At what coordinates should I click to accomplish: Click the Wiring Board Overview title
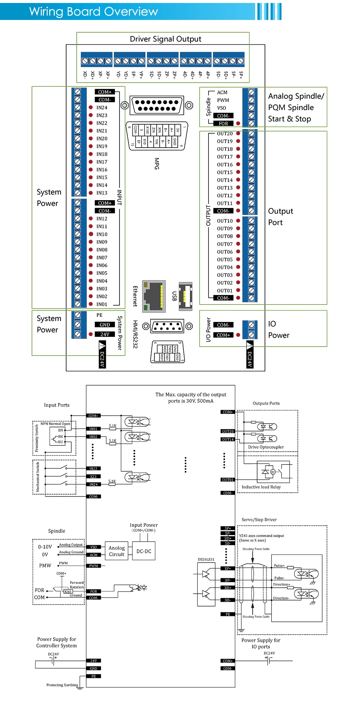click(94, 12)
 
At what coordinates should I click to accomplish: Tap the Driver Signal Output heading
click(165, 39)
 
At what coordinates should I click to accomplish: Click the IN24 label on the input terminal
click(101, 108)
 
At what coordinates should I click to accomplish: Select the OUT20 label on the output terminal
click(225, 134)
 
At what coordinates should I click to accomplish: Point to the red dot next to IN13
click(91, 193)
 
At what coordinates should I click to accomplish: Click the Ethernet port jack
click(154, 296)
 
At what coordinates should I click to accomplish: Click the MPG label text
click(157, 163)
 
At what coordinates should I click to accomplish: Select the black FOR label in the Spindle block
click(223, 124)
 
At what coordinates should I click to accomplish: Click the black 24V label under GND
click(104, 334)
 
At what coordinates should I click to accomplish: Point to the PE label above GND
click(99, 315)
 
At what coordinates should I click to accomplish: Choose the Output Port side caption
click(280, 217)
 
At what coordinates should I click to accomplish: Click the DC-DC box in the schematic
click(144, 551)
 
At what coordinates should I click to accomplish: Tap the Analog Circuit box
click(116, 551)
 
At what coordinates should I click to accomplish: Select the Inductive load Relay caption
click(261, 487)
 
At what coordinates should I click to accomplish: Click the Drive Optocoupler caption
click(266, 447)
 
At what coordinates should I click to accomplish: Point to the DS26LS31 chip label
click(206, 560)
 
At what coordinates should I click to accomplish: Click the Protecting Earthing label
click(62, 685)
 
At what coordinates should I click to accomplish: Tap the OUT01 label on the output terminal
click(225, 291)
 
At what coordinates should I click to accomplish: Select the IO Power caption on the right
click(278, 330)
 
